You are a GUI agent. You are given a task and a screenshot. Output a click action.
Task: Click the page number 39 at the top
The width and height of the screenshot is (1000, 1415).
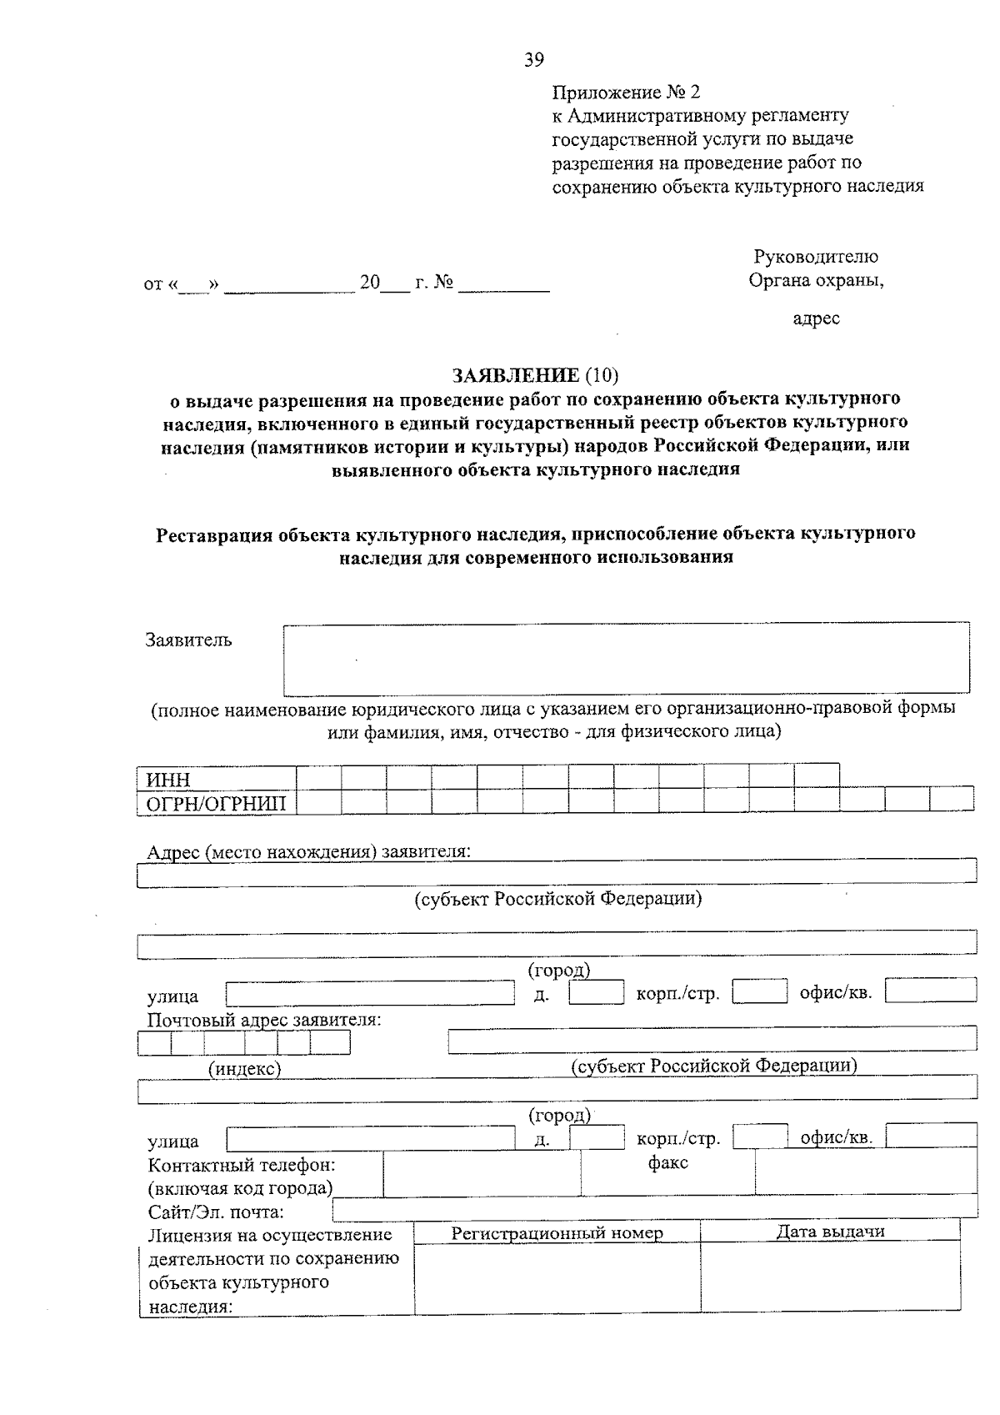[x=533, y=59]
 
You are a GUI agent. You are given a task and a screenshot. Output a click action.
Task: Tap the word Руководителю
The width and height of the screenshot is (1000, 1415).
[x=815, y=257]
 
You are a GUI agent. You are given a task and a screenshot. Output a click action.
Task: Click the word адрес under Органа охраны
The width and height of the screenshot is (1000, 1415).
[x=816, y=318]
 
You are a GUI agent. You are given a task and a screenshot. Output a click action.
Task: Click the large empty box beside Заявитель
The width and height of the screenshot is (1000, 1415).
[x=626, y=659]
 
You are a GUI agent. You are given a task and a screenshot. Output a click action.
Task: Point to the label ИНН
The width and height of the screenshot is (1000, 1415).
[x=169, y=780]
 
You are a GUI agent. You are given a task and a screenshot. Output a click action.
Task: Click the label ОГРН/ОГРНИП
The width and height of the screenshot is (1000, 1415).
[x=216, y=803]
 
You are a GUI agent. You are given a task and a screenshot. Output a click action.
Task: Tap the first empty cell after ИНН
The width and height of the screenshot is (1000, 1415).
[x=319, y=778]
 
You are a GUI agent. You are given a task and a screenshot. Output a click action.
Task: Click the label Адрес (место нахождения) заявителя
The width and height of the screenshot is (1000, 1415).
[x=308, y=852]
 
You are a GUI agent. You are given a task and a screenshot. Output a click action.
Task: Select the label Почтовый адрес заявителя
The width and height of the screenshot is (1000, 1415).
[x=264, y=1020]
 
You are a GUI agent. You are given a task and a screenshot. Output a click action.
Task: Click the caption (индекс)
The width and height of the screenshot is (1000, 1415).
[x=244, y=1068]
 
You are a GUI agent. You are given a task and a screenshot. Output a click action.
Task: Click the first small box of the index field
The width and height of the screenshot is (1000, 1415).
[x=155, y=1043]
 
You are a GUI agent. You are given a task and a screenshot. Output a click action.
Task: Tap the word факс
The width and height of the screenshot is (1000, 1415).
[x=667, y=1162]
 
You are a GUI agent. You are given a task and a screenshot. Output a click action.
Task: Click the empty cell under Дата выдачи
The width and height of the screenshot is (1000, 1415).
[x=830, y=1277]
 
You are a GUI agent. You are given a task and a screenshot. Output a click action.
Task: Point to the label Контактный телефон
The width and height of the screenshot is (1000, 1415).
[x=242, y=1165]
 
